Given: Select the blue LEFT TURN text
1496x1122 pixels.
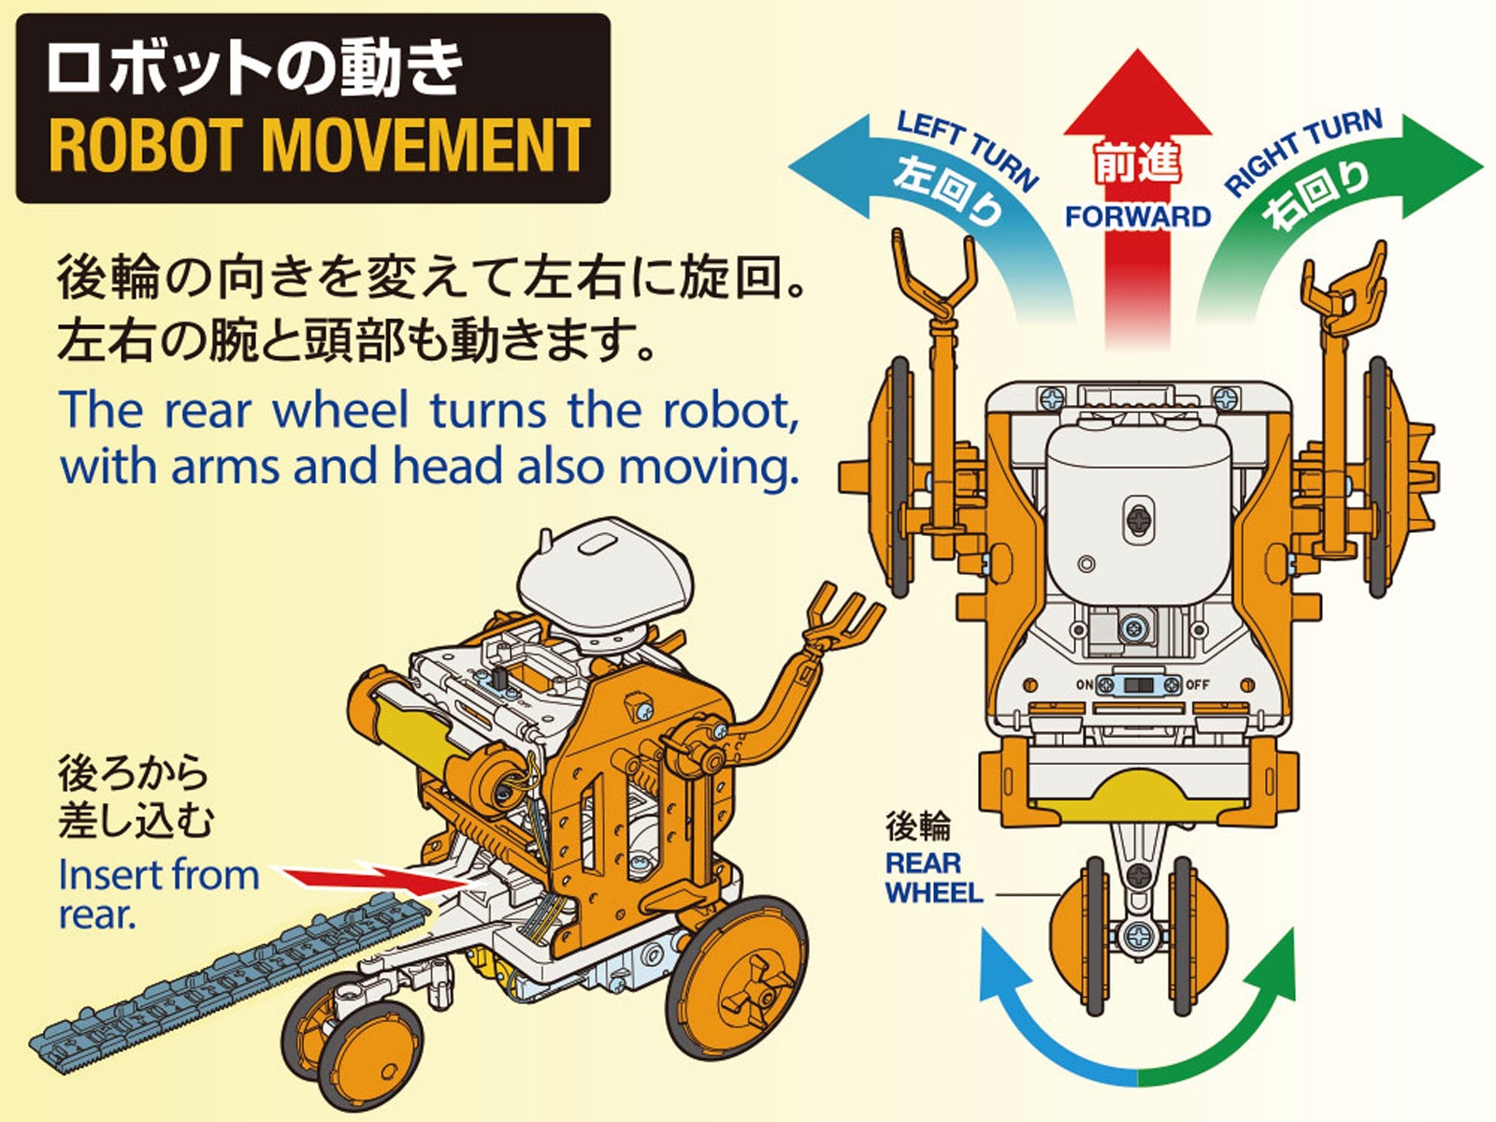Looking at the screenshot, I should click(967, 150).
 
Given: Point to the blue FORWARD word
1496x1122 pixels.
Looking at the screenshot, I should click(1138, 217).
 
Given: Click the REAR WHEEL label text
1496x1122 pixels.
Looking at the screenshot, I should click(933, 877).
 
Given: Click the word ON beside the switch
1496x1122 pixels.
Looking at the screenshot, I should click(1085, 684).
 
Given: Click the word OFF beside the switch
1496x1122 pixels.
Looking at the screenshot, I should click(1198, 684).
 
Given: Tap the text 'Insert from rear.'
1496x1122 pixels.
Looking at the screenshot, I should click(157, 895).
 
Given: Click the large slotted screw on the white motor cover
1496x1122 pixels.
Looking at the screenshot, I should click(1141, 520).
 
